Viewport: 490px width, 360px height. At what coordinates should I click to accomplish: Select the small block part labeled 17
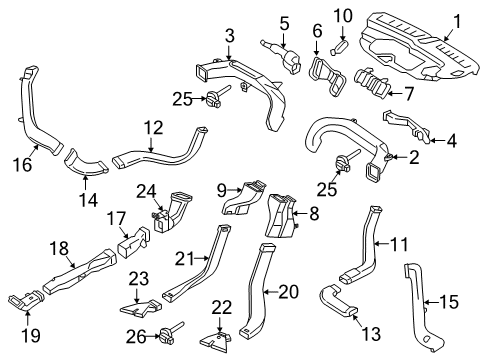[x=133, y=242]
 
